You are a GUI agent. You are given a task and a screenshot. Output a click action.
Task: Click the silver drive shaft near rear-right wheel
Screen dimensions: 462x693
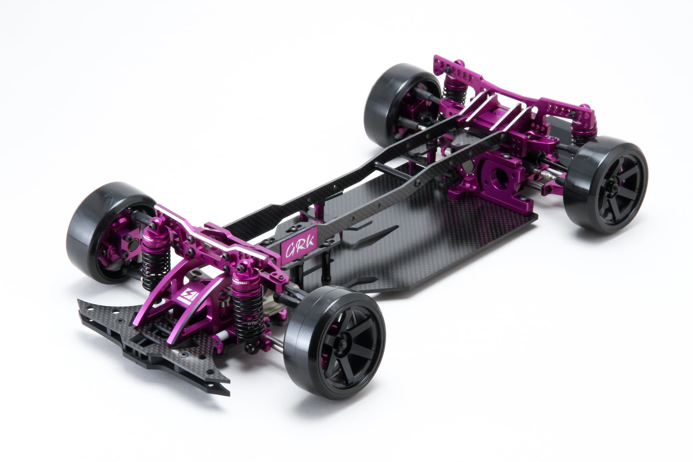point(548,176)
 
